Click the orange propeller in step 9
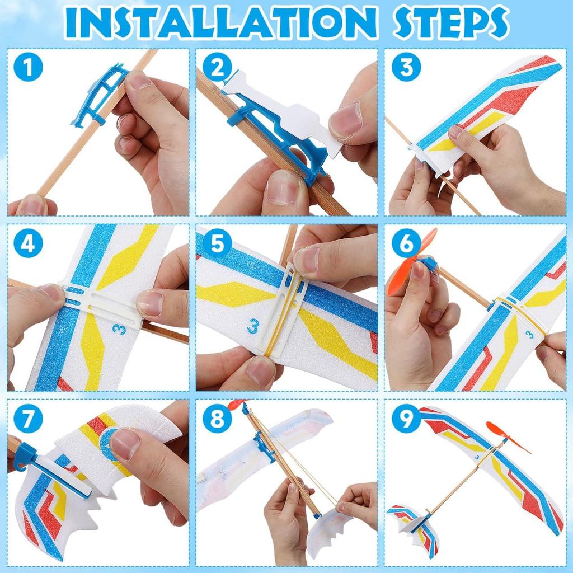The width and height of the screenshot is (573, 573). (x=506, y=436)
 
